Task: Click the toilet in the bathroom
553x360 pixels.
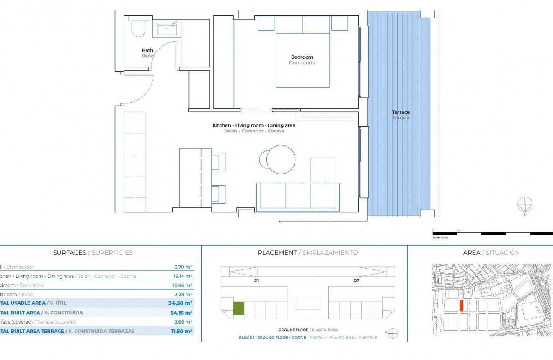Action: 137,27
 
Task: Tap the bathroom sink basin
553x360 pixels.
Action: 166,30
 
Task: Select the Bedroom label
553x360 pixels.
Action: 302,57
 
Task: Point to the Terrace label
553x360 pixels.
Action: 401,112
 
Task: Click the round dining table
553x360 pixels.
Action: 280,159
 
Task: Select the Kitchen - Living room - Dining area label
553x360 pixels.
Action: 253,125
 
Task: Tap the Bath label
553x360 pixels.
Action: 147,50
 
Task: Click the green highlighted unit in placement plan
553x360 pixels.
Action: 238,308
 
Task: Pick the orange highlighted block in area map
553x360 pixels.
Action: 461,306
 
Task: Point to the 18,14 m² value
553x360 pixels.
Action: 183,276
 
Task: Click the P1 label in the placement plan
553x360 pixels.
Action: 256,281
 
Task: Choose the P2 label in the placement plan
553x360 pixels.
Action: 356,281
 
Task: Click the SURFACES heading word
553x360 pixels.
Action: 69,253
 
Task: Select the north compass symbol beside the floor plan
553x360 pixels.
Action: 525,205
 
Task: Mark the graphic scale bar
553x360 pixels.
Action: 492,233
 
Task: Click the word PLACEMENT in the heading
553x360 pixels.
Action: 277,253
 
